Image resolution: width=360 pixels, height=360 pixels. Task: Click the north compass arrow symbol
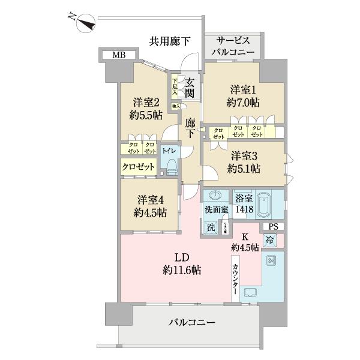(83, 23)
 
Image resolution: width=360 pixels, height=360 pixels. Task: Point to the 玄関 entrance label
(190, 87)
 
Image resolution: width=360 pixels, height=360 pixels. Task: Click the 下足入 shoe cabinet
(175, 87)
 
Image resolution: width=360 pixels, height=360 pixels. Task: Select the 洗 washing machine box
(211, 227)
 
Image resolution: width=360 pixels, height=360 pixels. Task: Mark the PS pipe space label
(274, 226)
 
